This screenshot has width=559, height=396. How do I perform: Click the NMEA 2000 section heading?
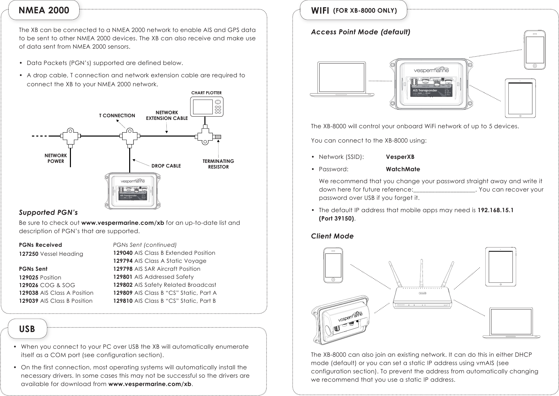point(44,10)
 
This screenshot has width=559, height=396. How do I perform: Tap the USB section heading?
point(27,329)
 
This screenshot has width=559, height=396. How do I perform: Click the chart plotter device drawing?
point(207,107)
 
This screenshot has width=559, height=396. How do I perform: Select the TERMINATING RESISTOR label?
point(218,164)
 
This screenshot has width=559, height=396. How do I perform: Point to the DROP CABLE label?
point(166,166)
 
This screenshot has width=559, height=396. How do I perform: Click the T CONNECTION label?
point(117,116)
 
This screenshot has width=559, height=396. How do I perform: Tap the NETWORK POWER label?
point(56,158)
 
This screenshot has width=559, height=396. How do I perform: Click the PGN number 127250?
point(29,254)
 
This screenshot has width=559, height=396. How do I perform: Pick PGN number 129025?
point(29,277)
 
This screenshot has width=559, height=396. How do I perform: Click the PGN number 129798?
point(123,269)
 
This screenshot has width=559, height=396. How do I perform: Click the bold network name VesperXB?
point(400,157)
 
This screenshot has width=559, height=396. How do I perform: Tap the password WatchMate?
point(403,169)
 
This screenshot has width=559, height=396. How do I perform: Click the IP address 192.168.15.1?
point(495,210)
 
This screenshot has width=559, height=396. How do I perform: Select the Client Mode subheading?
point(332,236)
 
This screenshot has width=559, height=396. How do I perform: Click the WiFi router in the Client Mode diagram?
point(422,293)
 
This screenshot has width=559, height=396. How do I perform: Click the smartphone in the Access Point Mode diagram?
point(534,50)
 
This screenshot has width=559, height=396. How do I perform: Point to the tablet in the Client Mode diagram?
point(500,266)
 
